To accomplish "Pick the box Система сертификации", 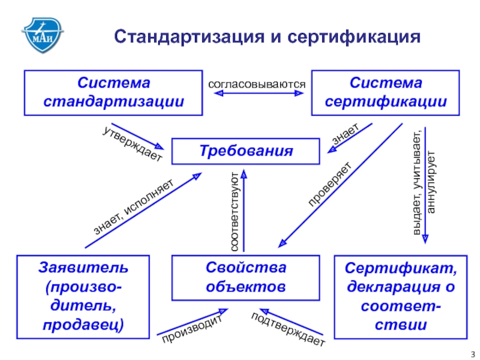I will [x=386, y=92].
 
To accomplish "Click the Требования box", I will [x=246, y=151].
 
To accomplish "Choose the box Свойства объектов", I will [x=246, y=277].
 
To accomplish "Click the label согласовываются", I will [x=257, y=84].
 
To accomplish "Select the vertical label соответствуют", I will [x=235, y=211].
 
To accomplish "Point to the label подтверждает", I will [x=288, y=330].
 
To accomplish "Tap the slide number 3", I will [x=472, y=353].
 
